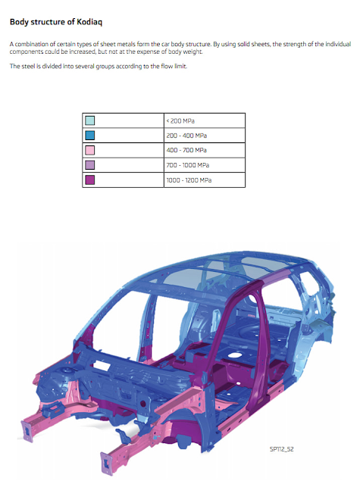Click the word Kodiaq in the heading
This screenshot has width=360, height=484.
(x=89, y=22)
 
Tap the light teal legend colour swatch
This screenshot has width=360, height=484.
(x=90, y=120)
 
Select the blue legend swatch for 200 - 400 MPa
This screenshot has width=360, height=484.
(x=90, y=135)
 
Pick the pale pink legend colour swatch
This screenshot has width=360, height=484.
(x=90, y=150)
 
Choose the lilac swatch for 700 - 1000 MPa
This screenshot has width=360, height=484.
(x=90, y=165)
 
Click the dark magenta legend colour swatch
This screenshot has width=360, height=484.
(x=90, y=180)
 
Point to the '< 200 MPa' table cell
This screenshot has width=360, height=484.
(x=205, y=120)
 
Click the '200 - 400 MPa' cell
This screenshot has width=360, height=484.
(x=205, y=135)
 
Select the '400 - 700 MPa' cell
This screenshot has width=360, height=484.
(x=205, y=150)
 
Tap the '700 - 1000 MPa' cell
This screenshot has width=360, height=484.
(x=205, y=165)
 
